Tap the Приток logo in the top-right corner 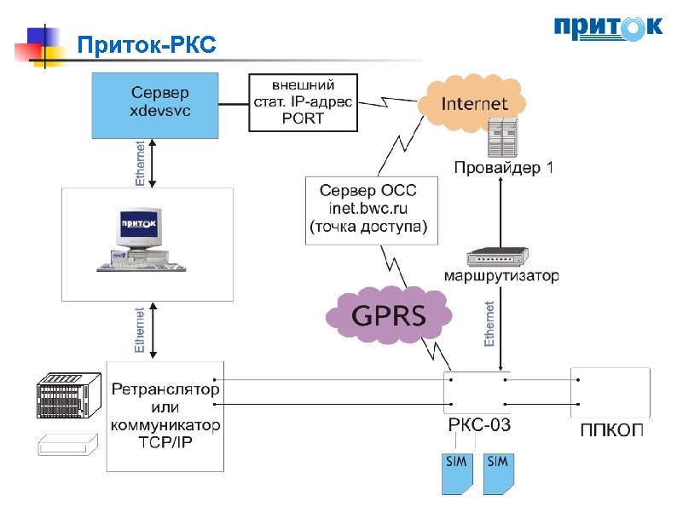[x=606, y=28]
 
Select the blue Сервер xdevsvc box [x=155, y=104]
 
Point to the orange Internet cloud [x=473, y=104]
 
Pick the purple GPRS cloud [x=389, y=315]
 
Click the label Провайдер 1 [x=503, y=168]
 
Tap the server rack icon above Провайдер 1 [x=502, y=135]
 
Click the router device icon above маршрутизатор [x=498, y=256]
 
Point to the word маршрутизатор [x=501, y=276]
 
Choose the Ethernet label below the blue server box [x=140, y=164]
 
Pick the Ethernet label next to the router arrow [x=489, y=324]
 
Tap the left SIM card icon [x=457, y=472]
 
